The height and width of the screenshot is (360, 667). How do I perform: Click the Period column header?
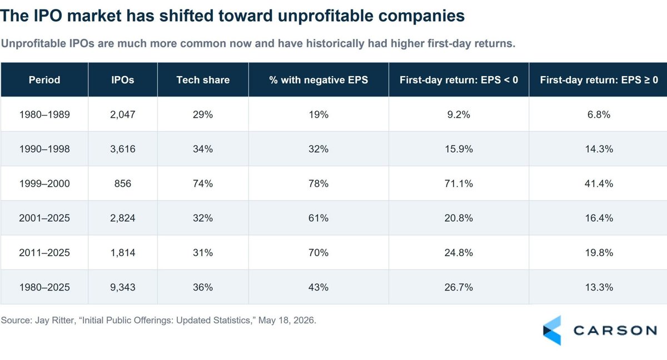tap(44, 80)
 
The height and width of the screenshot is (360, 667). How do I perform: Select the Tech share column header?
tap(203, 80)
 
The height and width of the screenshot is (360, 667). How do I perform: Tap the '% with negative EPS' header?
tap(318, 80)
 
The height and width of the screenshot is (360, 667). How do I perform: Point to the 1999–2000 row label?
tap(44, 183)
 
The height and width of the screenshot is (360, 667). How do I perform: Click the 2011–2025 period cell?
tap(44, 253)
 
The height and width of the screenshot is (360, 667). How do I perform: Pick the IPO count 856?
tap(123, 183)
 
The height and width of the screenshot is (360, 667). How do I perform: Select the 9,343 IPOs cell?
tap(123, 287)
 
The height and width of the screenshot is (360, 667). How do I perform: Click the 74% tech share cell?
tap(203, 183)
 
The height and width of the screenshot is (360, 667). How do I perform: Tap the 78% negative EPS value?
tap(318, 183)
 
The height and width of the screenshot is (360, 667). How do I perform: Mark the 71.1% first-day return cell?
tap(459, 183)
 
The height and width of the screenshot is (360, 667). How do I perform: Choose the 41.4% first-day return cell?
tap(599, 183)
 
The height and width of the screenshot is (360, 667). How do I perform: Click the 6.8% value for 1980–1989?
tap(599, 114)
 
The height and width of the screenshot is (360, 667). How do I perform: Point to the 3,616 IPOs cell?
tap(123, 149)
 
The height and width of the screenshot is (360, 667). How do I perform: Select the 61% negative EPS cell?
tap(318, 218)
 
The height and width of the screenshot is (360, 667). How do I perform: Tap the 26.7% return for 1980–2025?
tap(459, 287)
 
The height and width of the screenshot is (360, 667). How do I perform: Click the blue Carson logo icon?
tap(552, 331)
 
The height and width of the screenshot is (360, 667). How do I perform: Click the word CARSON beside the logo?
tap(615, 331)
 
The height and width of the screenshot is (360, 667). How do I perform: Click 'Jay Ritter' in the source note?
tap(54, 320)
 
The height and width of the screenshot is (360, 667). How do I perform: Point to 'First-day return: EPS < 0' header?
tap(459, 80)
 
